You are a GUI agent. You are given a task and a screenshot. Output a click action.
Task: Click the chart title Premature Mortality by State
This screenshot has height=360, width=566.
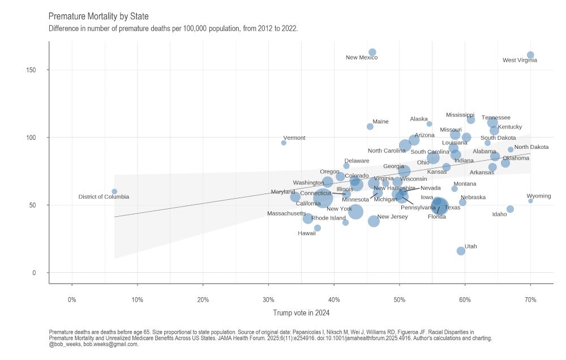98,16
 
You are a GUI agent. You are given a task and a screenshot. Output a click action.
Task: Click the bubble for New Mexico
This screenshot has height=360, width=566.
372,52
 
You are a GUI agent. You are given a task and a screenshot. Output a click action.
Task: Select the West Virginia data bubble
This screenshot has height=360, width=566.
530,55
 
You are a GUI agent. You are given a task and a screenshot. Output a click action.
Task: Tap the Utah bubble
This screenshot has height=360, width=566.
461,251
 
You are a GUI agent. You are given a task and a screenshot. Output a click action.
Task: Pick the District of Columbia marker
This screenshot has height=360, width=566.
114,191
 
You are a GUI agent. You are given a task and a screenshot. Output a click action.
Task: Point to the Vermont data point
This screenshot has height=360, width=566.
284,143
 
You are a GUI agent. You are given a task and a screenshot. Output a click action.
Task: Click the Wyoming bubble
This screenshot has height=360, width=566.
530,201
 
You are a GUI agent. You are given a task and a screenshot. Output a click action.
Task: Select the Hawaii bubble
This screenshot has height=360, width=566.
318,228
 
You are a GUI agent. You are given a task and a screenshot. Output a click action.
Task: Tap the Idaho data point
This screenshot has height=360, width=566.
510,209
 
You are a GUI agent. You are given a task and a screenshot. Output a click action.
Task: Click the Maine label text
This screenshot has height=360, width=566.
380,121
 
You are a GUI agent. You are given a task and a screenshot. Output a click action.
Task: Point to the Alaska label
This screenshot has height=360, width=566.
419,119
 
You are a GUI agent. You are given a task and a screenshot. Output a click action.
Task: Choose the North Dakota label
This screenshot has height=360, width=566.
531,147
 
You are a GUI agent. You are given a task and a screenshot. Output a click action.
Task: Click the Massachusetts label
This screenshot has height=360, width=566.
286,213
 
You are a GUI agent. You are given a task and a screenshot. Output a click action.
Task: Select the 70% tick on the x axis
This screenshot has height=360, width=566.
530,299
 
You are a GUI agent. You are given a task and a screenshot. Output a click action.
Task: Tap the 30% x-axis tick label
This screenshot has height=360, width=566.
268,299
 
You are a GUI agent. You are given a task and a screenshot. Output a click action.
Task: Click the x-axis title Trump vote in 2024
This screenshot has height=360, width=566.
301,312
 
